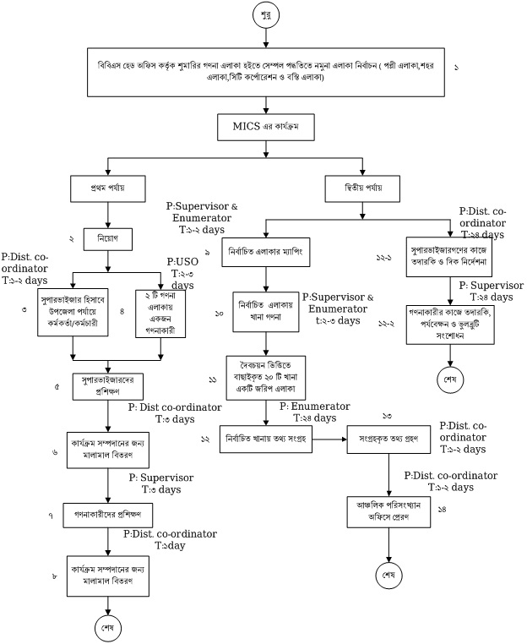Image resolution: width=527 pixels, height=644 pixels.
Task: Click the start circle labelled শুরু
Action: click(265, 15)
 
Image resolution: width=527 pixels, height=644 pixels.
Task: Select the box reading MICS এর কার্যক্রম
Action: click(266, 127)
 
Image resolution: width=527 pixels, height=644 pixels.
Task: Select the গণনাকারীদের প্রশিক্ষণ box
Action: click(108, 514)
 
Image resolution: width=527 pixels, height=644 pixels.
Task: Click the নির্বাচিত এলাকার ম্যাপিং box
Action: click(266, 252)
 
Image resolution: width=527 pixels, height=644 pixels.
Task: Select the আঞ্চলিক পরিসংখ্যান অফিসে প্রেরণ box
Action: click(389, 511)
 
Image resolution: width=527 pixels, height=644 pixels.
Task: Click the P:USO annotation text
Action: click(182, 262)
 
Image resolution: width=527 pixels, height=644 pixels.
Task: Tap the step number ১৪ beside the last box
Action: click(442, 509)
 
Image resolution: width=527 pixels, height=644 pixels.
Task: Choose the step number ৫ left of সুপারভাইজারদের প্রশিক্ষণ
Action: click(56, 386)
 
